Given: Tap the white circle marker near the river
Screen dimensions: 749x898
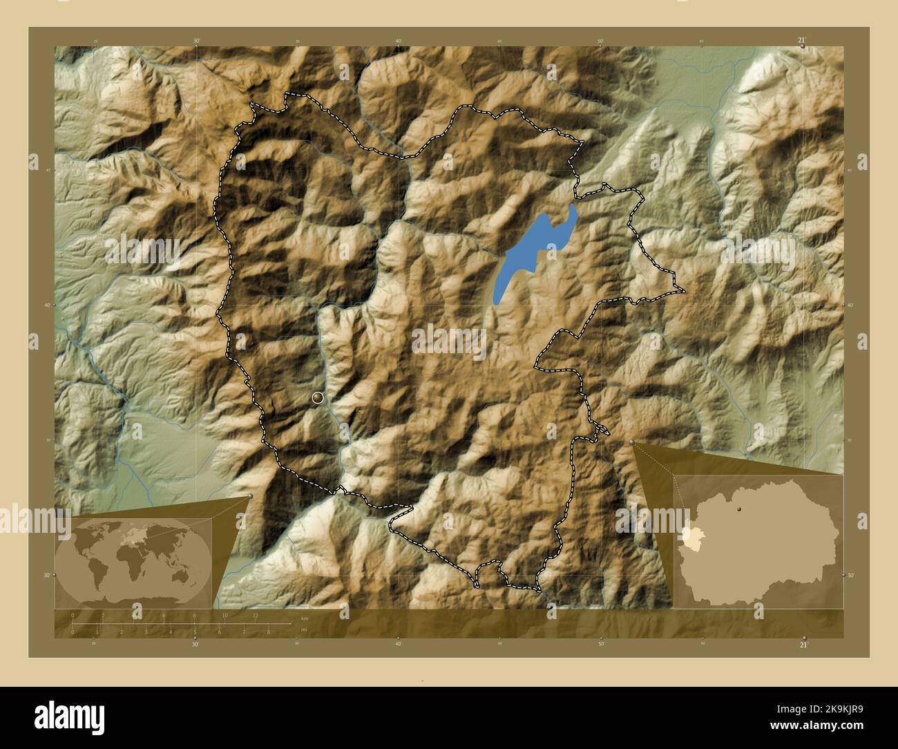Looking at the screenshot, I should coord(318,397).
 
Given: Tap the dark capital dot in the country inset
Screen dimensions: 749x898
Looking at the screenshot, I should coord(740,509).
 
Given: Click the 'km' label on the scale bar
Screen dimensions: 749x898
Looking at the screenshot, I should coord(305,618).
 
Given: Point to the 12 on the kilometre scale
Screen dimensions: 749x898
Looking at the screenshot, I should coord(256,615).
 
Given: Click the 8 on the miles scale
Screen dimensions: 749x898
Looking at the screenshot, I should coord(268,632).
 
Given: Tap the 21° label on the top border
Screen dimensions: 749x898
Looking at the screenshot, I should coord(802,41).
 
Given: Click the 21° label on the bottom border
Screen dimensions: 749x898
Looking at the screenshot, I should coord(803,645).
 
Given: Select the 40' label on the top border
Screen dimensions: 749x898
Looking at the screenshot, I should coord(399,41).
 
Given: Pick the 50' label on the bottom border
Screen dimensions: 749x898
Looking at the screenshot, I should coord(601,644).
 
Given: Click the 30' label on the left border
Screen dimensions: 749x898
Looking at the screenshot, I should coord(46,575).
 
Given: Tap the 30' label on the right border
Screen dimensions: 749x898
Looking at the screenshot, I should coord(851,575).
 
